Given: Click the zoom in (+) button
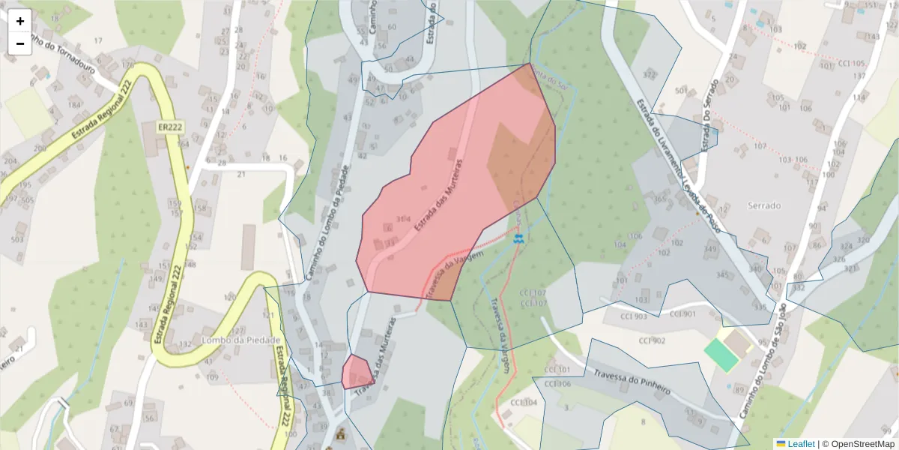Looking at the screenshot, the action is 20,21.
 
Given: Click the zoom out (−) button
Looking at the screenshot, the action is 20,43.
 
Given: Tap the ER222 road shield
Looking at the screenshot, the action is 171,128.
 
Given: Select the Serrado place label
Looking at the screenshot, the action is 764,205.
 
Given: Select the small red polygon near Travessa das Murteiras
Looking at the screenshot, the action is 357,372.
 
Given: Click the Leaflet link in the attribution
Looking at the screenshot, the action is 801,443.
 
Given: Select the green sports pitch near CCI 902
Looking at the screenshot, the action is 721,355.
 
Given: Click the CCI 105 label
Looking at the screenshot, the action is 851,64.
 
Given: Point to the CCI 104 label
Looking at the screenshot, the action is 524,403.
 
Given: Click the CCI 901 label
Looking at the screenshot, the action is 682,313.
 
